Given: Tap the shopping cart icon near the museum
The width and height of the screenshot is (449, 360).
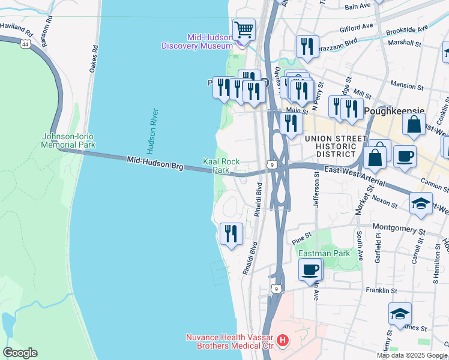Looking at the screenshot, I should coord(244,29).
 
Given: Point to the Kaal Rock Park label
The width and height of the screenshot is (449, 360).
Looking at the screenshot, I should coord(217,166).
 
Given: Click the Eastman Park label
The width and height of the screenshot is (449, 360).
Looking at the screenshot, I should coord(324,253).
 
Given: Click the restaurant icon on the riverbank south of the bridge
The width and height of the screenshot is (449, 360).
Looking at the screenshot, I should coord(231,233).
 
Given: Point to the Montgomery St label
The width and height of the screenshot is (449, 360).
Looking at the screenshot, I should coord(399,228).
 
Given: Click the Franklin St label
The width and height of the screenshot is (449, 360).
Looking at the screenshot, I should coord(381,290).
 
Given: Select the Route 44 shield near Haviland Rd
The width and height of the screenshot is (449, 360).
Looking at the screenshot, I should coord(25,44).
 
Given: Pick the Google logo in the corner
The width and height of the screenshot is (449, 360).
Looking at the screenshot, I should coord(20,353).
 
